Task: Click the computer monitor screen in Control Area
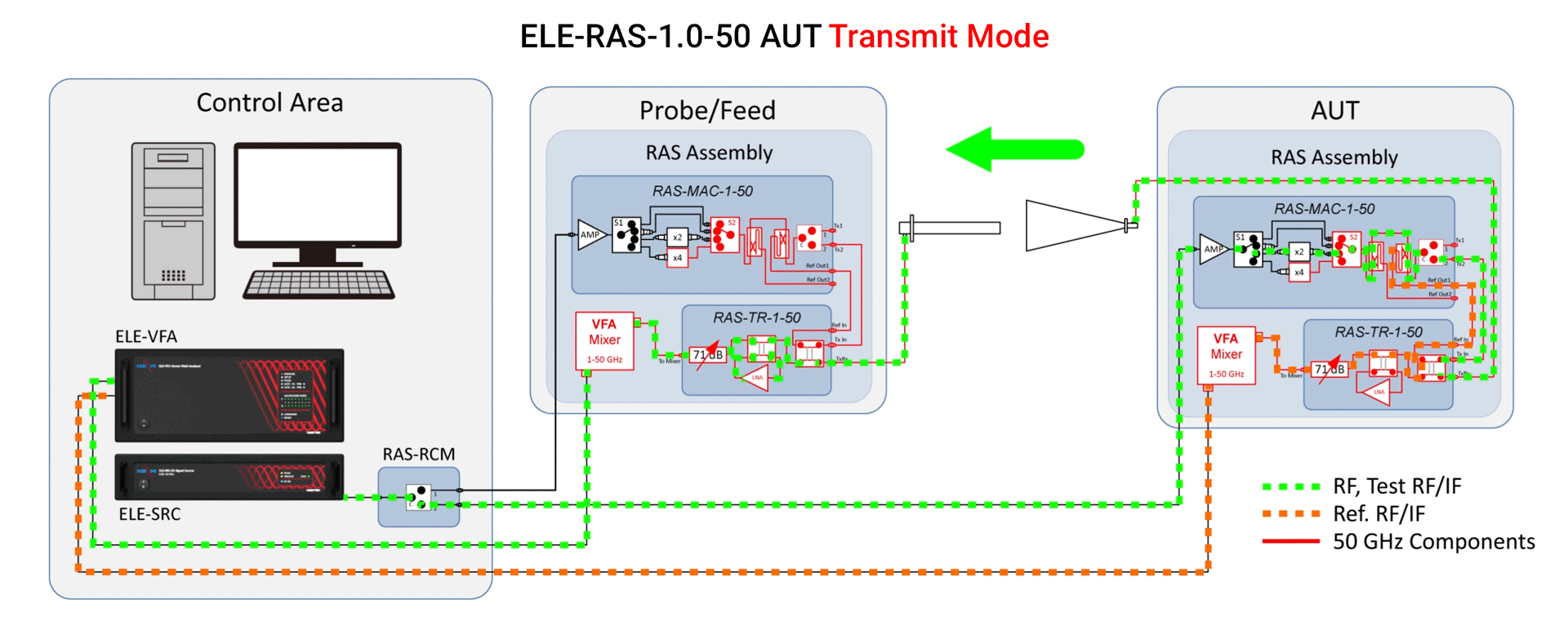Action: click(317, 194)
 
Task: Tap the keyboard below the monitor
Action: click(318, 284)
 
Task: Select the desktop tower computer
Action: click(173, 221)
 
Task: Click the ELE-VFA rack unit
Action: click(229, 395)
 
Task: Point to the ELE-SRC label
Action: click(149, 514)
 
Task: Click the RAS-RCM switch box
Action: click(418, 497)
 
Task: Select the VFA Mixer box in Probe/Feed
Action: click(604, 340)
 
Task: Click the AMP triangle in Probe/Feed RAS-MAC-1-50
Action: click(590, 234)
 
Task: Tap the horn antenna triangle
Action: click(1074, 225)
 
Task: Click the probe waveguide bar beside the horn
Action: click(951, 228)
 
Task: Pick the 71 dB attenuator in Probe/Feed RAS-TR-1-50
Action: click(707, 355)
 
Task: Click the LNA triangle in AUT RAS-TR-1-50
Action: click(1378, 392)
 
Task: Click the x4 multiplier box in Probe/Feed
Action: click(677, 258)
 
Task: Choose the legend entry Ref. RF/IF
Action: click(1378, 514)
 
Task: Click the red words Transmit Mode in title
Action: click(938, 37)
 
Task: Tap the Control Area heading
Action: click(269, 103)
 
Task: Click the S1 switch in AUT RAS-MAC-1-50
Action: click(1248, 250)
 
